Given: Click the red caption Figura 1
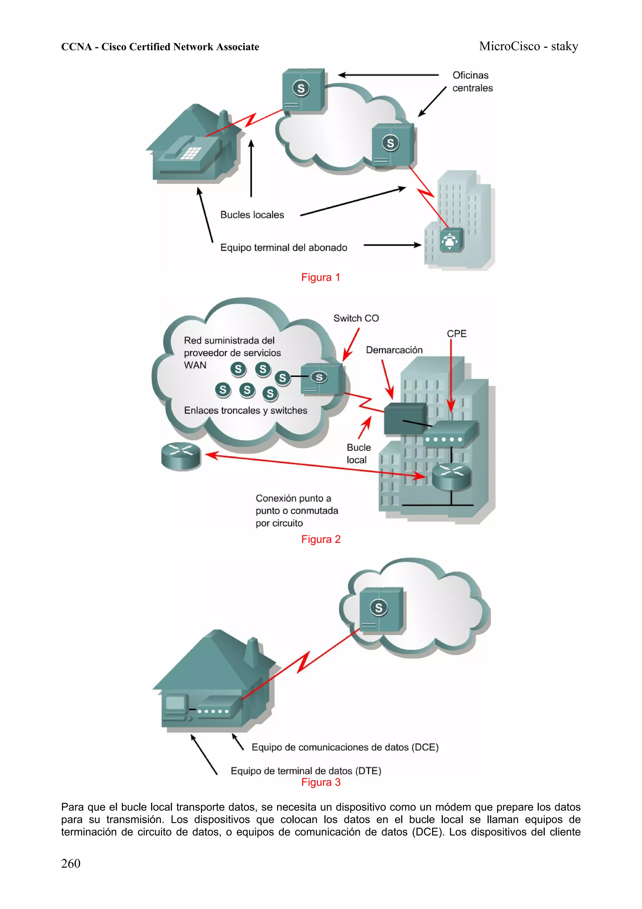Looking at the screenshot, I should click(320, 277).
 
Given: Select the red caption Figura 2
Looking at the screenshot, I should click(320, 539).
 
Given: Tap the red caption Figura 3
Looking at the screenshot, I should click(320, 782).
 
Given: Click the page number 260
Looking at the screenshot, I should click(71, 864).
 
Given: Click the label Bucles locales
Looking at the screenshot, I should click(252, 215).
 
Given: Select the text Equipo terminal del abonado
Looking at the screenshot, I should click(284, 248).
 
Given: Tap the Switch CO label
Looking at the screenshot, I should click(356, 318).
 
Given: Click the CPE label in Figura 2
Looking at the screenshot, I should click(456, 334).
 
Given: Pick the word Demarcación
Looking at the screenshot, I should click(394, 350).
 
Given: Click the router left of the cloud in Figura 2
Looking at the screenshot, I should click(181, 456).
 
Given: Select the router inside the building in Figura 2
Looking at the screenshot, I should click(452, 476).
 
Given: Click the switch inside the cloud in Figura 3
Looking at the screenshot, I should click(381, 610).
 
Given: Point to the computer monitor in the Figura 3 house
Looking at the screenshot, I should click(176, 703).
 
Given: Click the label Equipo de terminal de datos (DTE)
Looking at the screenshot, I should click(306, 771).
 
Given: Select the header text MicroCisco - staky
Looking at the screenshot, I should click(528, 46).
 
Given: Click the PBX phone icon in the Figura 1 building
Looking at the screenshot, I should click(450, 240).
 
